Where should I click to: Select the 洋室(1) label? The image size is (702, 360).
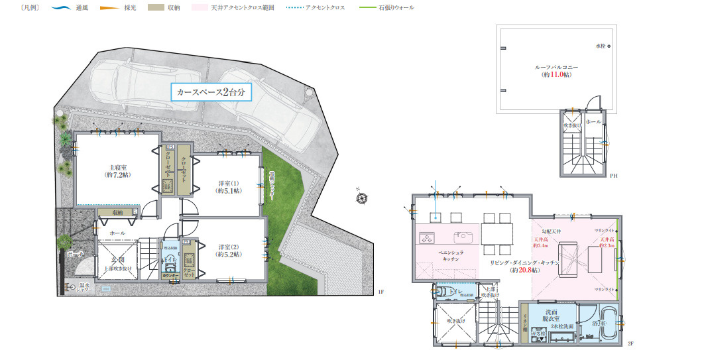click(229, 186)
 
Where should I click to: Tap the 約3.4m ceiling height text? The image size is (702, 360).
click(542, 245)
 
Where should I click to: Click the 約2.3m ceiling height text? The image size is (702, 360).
click(607, 245)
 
